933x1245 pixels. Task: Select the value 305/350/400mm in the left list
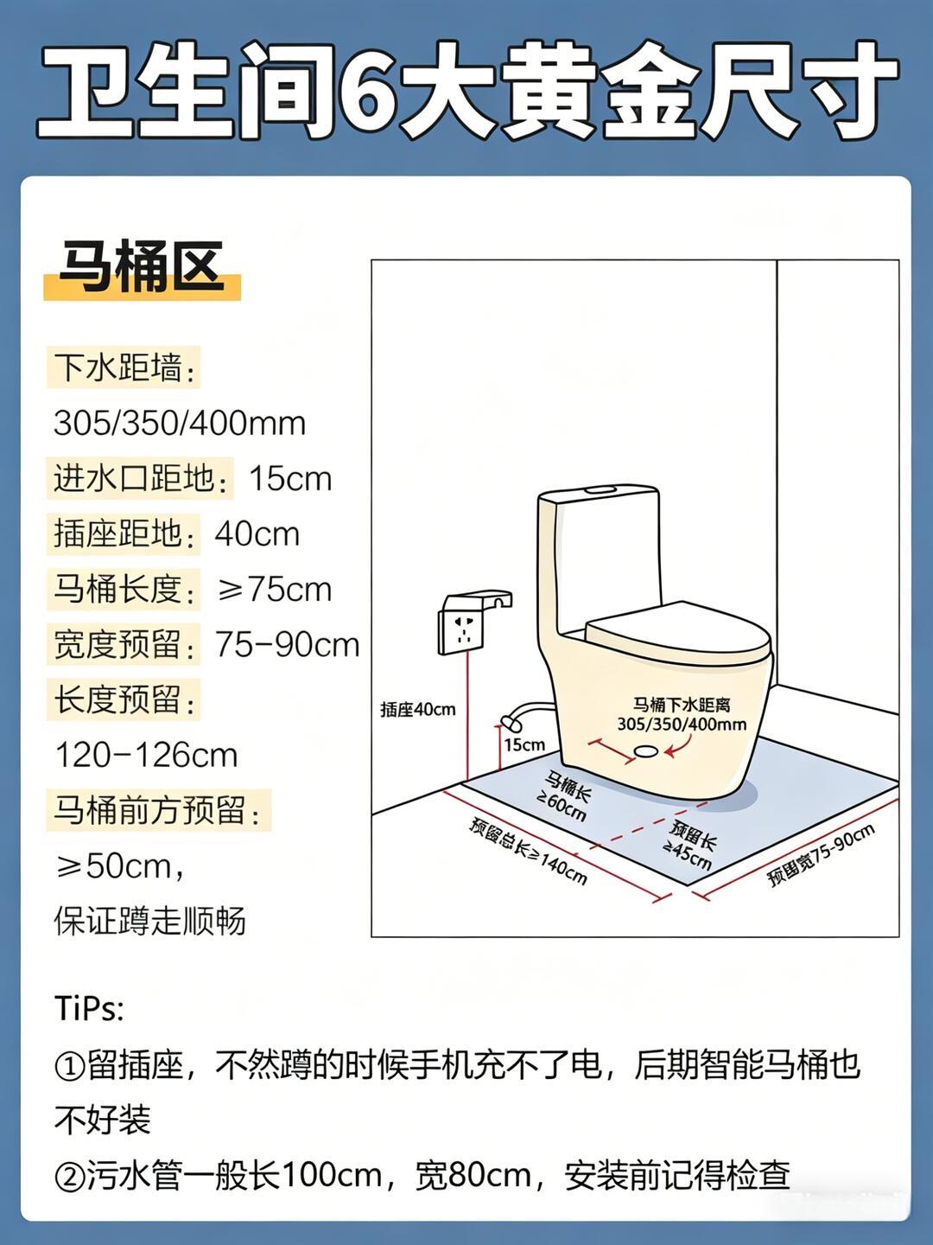pyautogui.click(x=180, y=423)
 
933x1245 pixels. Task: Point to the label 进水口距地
pyautogui.click(x=134, y=478)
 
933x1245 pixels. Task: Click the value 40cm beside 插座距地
pyautogui.click(x=257, y=534)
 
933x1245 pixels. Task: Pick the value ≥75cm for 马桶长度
pyautogui.click(x=274, y=590)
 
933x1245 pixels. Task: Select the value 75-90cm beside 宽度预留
pyautogui.click(x=287, y=645)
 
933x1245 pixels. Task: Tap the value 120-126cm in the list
pyautogui.click(x=146, y=756)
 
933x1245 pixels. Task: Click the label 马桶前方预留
pyautogui.click(x=149, y=810)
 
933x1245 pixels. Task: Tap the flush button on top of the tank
pyautogui.click(x=600, y=488)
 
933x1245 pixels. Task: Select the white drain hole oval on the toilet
pyautogui.click(x=646, y=751)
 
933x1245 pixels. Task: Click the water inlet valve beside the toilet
pyautogui.click(x=511, y=722)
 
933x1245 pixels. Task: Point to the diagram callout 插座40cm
pyautogui.click(x=417, y=710)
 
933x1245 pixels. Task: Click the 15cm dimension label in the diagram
pyautogui.click(x=524, y=744)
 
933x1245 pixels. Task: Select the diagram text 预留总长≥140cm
pyautogui.click(x=528, y=851)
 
